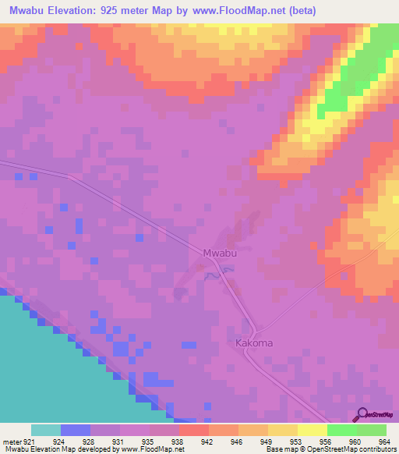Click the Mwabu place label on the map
[219, 253]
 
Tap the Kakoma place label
[252, 342]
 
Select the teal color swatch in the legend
[46, 430]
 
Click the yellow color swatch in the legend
[312, 430]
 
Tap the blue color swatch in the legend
[76, 430]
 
